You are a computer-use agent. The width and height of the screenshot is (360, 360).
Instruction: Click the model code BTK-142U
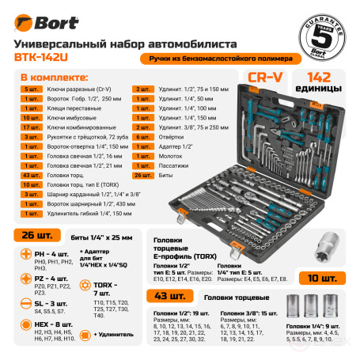[x=43, y=56]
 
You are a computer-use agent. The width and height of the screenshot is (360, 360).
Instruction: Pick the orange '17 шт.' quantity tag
[x=33, y=125]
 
